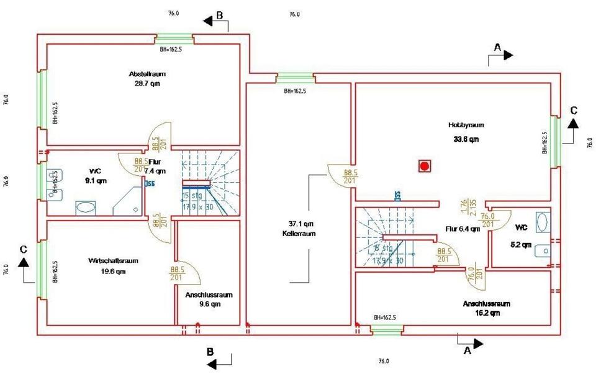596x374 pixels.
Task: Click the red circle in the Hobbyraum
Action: click(424, 166)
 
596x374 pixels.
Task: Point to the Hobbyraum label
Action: click(466, 125)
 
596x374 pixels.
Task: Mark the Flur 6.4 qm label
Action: click(463, 229)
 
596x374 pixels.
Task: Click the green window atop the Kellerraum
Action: click(295, 78)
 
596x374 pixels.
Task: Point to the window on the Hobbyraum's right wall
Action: click(555, 141)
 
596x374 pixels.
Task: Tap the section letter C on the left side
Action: click(23, 249)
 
